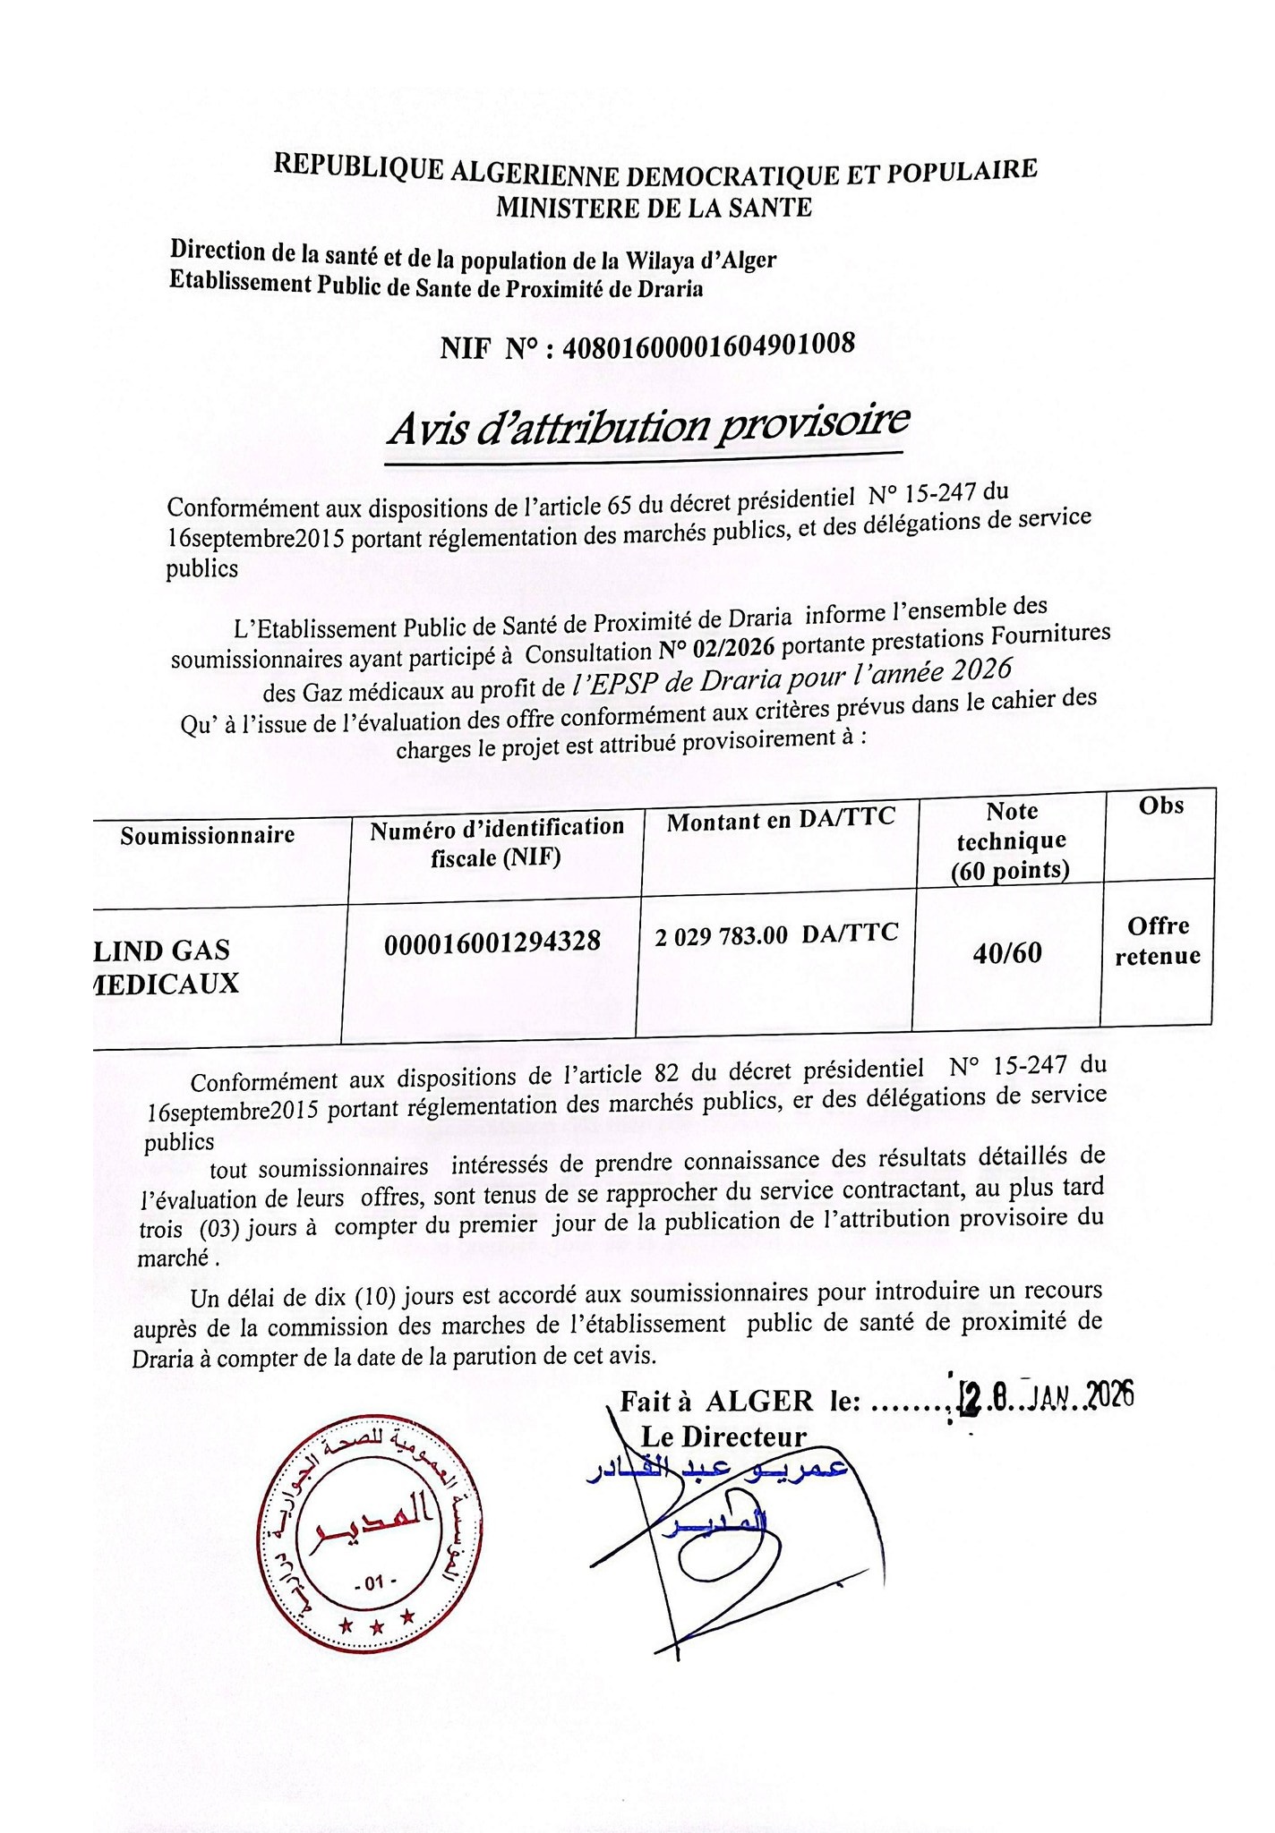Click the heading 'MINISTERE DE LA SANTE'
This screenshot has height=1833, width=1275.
[655, 208]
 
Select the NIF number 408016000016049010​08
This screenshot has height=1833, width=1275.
[707, 344]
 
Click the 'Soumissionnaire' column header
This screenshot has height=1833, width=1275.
[208, 835]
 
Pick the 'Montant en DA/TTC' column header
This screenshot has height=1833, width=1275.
[780, 819]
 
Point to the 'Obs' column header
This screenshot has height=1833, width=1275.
[1160, 806]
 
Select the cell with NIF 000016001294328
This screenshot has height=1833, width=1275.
[492, 942]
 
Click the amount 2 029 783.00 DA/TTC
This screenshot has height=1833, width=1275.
[776, 935]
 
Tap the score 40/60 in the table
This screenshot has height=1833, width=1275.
[1007, 953]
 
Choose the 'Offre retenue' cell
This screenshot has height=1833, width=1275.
[1158, 941]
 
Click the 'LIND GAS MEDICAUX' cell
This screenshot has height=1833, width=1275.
[170, 967]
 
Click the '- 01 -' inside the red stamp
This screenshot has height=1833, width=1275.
[372, 1585]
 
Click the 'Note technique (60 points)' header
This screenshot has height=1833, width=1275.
[1011, 840]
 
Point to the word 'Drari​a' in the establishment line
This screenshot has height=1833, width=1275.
[671, 289]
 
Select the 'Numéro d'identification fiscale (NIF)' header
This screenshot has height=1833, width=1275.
[497, 841]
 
